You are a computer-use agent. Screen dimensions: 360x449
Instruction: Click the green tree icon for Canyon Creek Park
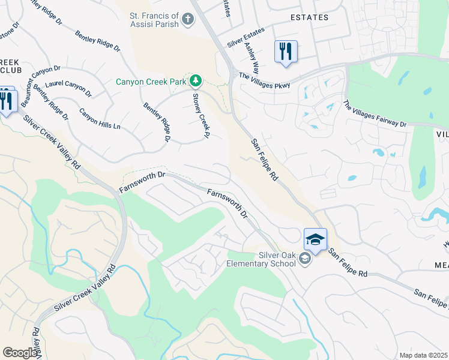pos(195,80)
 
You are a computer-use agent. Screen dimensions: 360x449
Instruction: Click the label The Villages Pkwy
pos(264,80)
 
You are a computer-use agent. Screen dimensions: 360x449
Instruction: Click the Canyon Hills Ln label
pos(100,119)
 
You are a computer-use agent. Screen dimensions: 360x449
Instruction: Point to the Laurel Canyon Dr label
pos(68,89)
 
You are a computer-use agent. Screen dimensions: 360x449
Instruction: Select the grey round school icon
pos(304,259)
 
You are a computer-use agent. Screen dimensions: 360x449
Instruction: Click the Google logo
pos(20,352)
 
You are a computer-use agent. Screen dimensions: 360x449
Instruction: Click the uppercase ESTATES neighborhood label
pos(309,17)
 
